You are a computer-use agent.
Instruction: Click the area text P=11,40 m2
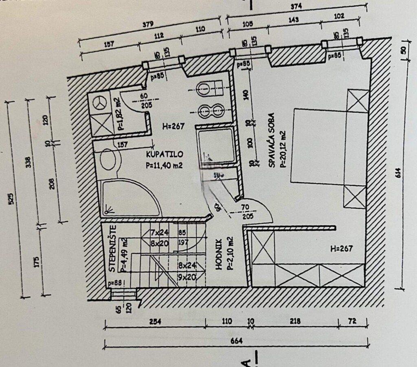(x=163, y=165)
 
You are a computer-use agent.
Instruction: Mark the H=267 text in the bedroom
(x=341, y=248)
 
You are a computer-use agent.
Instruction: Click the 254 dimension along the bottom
(x=155, y=321)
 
